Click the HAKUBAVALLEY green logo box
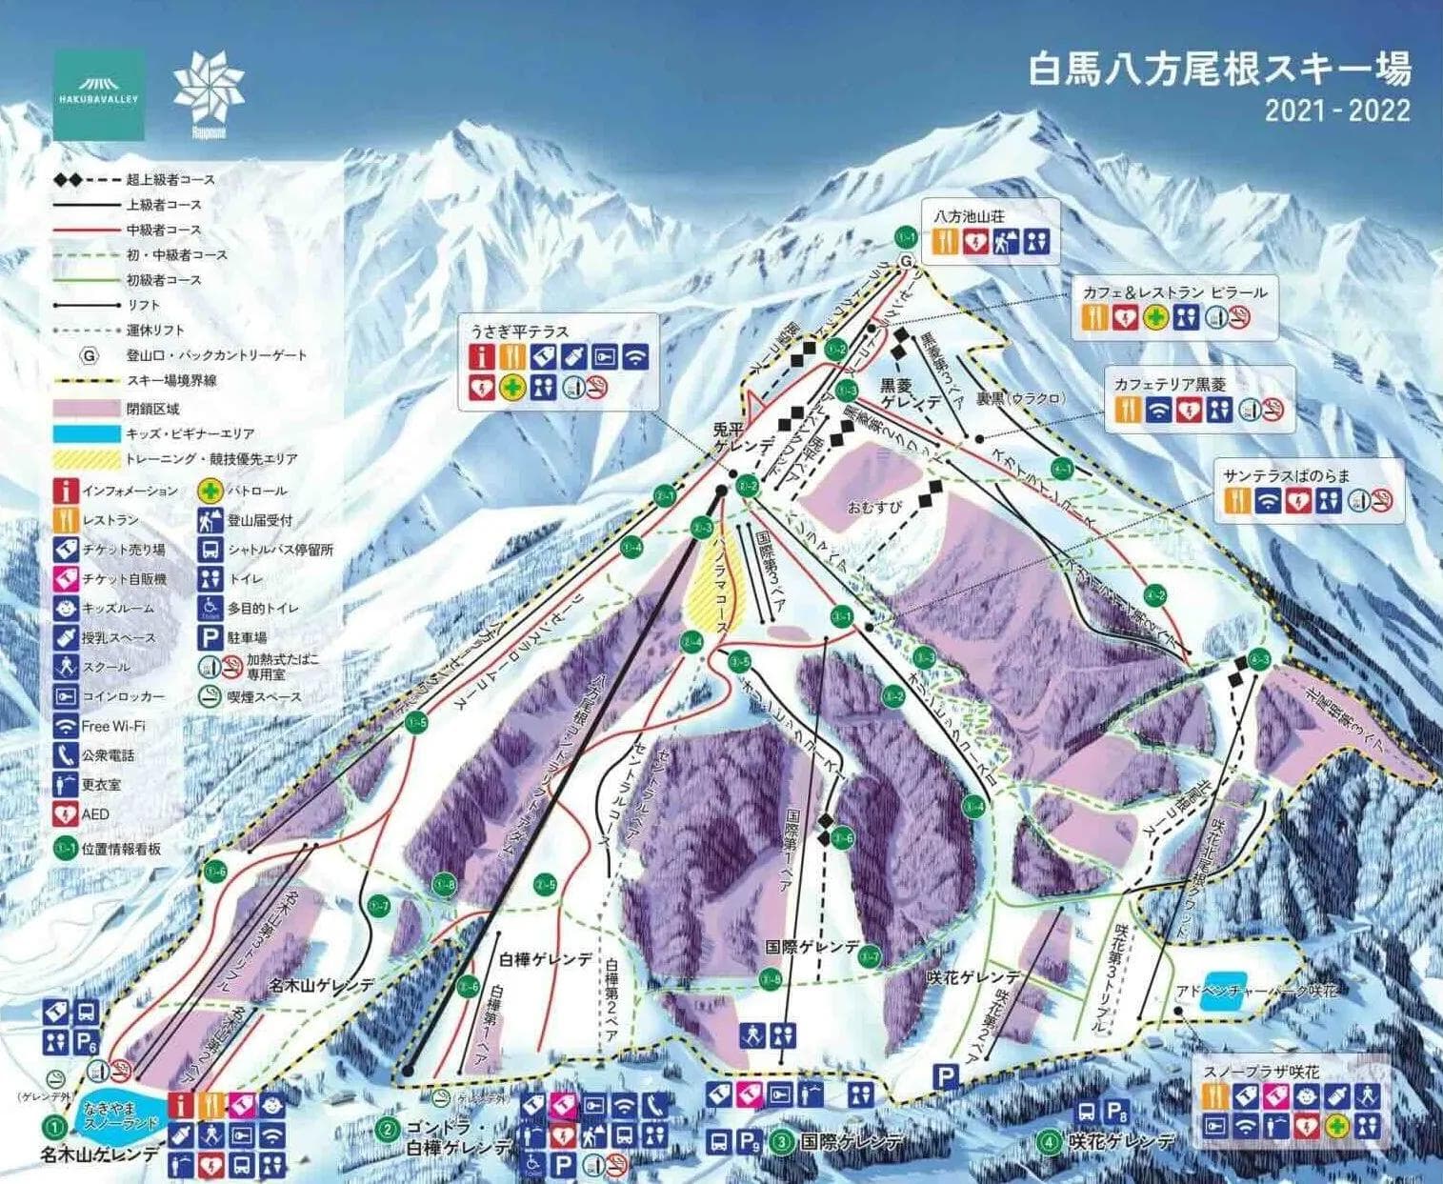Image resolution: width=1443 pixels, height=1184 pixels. pos(99,94)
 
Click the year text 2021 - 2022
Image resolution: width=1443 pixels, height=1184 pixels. pos(1336,110)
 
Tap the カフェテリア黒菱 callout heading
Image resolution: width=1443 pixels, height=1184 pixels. pos(1170,385)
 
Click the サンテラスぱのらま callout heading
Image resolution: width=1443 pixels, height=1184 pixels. pos(1287,475)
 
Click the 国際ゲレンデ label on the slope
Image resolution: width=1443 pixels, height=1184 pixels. pos(812,949)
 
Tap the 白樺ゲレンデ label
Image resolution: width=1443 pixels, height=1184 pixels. pos(545,959)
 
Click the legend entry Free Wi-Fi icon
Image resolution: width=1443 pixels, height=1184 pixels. pos(66,726)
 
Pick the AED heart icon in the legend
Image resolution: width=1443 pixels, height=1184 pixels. pos(66,814)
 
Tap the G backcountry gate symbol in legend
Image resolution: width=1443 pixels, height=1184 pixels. pos(89,354)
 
